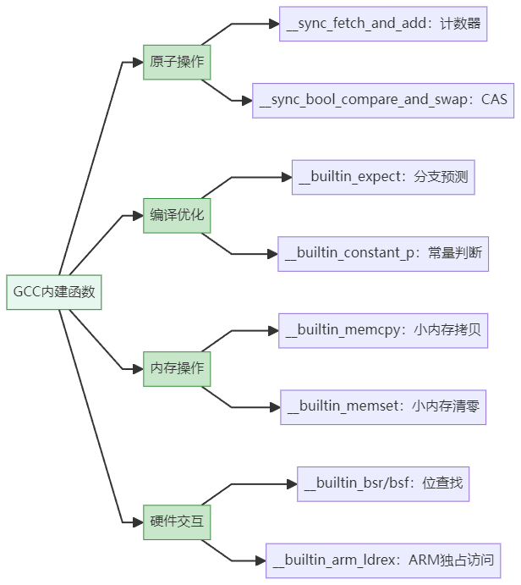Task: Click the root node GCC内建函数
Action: (54, 292)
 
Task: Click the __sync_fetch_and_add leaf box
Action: (383, 24)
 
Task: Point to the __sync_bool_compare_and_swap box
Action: (383, 100)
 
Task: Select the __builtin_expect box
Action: (383, 177)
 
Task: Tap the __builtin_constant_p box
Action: (383, 253)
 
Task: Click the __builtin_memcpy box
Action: (383, 330)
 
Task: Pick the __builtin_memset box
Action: (383, 406)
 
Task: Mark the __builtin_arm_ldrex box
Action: (383, 560)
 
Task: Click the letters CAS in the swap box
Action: (494, 100)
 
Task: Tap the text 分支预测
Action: (441, 177)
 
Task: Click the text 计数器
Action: (460, 24)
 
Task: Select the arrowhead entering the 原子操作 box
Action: (138, 62)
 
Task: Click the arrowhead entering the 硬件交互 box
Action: (138, 522)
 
